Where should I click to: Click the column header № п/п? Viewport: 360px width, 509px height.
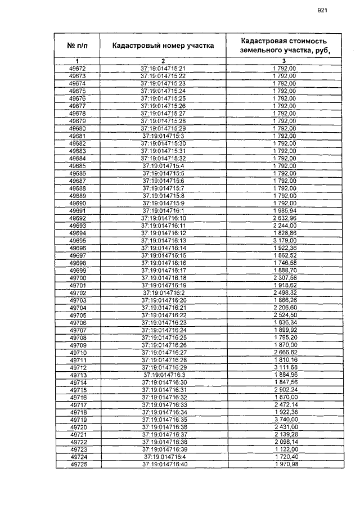(x=78, y=45)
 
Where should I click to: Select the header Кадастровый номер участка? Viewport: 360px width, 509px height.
(x=163, y=45)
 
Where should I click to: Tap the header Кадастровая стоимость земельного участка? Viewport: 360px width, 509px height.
(x=284, y=45)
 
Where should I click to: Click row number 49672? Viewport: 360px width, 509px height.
(x=78, y=69)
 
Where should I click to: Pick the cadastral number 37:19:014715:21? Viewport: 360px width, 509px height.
(x=163, y=69)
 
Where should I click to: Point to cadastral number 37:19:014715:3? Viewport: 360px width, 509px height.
(x=163, y=136)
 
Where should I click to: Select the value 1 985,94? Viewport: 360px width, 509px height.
(x=285, y=210)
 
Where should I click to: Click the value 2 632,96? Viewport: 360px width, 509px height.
(x=285, y=218)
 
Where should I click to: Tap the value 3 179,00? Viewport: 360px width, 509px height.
(x=285, y=240)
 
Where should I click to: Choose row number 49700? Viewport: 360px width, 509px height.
(x=78, y=277)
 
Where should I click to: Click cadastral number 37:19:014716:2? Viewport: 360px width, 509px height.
(x=163, y=292)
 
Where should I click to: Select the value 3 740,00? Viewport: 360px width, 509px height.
(x=285, y=419)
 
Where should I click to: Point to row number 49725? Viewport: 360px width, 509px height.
(x=78, y=464)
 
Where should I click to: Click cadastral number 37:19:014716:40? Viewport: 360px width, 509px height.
(x=163, y=464)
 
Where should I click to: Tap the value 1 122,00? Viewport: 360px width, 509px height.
(x=285, y=449)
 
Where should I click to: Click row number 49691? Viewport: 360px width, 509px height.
(x=78, y=210)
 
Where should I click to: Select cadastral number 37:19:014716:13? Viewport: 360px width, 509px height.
(x=163, y=240)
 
